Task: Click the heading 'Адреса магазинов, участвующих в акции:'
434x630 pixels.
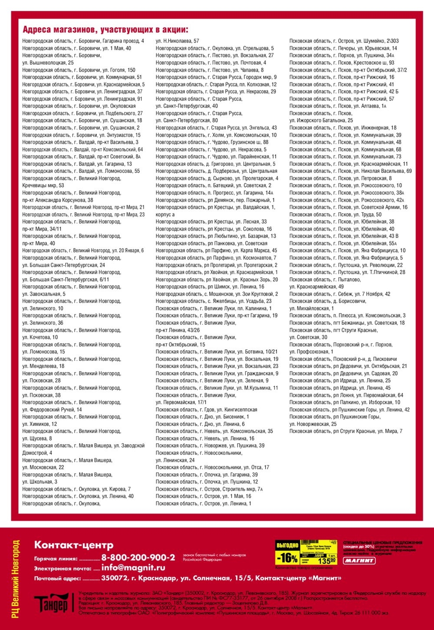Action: (x=105, y=30)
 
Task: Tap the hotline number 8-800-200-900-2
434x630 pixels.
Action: (x=138, y=557)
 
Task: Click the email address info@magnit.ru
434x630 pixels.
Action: (x=133, y=567)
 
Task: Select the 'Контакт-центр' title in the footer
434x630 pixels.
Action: (x=74, y=545)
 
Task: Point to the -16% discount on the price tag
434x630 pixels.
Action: (x=287, y=558)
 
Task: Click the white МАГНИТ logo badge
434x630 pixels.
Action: (x=359, y=561)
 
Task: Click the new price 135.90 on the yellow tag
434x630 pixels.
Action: (x=326, y=561)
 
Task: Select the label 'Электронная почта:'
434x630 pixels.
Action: (x=63, y=568)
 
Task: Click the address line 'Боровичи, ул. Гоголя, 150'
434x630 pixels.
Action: (x=79, y=70)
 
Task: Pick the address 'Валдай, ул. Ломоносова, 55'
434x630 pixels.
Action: (x=81, y=171)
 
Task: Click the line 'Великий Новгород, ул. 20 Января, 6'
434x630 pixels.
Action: (x=83, y=251)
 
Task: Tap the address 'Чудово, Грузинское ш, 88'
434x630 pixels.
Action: (x=212, y=142)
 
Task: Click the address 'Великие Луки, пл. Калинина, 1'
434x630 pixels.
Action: (x=214, y=308)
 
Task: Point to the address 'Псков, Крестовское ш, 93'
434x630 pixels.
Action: (x=342, y=63)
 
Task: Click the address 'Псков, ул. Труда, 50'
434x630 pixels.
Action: (x=335, y=214)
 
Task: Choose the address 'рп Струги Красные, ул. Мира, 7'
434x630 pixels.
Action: (x=346, y=431)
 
